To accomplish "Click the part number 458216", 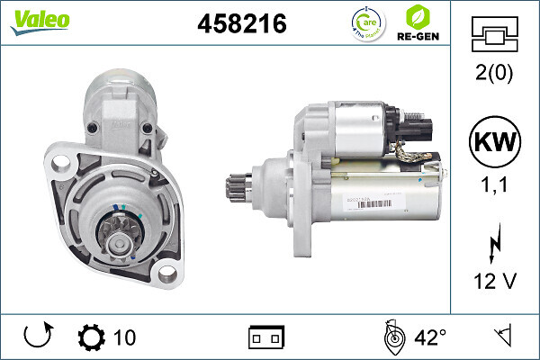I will click(x=241, y=24).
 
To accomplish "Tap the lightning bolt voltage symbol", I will click(x=496, y=244).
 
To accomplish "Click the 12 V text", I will click(x=495, y=282).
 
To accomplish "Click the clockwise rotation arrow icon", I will click(x=35, y=337).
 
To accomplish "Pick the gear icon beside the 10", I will click(x=91, y=337).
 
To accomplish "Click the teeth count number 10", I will click(x=125, y=337).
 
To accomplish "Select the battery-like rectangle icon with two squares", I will click(x=266, y=337).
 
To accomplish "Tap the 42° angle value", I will click(x=430, y=337).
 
